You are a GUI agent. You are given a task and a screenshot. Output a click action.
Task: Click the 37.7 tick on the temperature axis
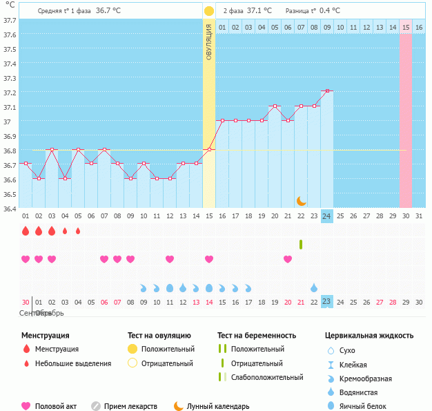pos(9,20)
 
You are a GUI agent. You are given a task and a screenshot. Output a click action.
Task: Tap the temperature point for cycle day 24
pos(327,91)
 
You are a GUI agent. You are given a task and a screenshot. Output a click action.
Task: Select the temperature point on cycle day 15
pos(209,149)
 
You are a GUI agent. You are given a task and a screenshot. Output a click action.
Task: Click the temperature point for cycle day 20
pos(275,106)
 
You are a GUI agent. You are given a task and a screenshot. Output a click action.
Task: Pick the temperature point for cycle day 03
pos(52,149)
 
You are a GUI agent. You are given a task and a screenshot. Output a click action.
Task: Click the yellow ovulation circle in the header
pos(209,11)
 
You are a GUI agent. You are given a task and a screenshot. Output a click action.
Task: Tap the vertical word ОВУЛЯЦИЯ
pos(209,41)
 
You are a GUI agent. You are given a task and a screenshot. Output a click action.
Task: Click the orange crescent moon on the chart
pos(302,200)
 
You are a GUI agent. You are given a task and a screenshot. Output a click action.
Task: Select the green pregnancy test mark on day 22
pos(301,244)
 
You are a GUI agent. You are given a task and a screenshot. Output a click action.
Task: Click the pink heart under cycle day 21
pos(288,259)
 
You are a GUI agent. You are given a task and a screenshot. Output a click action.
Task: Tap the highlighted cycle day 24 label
pos(327,216)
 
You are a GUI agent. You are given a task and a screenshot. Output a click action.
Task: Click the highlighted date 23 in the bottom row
pos(327,301)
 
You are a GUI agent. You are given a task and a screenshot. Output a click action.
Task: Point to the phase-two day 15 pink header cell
pos(406,27)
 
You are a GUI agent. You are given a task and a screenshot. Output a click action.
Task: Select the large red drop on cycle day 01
pos(26,231)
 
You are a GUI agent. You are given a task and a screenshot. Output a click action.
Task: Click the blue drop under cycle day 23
pos(314,287)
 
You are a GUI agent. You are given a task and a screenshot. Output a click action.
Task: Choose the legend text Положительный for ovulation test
pos(168,349)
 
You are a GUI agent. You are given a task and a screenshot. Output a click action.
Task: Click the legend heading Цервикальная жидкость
pos(369,335)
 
